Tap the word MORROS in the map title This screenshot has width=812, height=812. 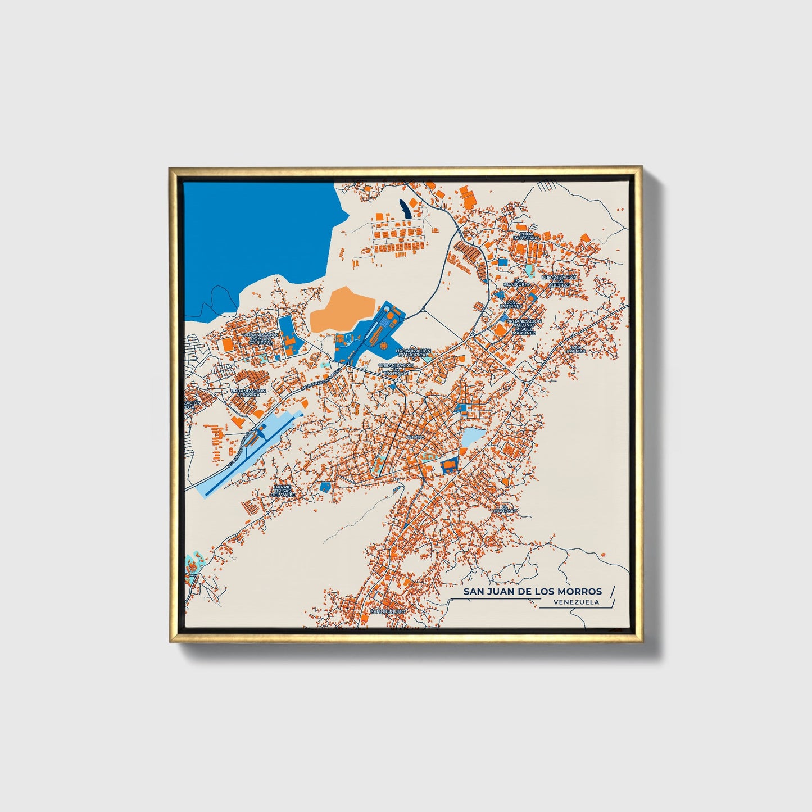click(x=578, y=591)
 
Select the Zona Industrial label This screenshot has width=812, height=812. click(x=526, y=235)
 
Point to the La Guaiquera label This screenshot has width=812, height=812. click(x=516, y=283)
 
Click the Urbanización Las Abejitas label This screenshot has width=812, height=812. click(x=559, y=281)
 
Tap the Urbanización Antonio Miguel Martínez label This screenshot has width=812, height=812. click(x=523, y=327)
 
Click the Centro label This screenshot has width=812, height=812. click(x=415, y=437)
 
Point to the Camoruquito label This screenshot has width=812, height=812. click(x=387, y=611)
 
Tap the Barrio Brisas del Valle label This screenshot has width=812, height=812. click(x=283, y=491)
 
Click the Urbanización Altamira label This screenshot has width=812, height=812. click(x=248, y=393)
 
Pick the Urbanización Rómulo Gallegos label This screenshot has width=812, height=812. click(x=261, y=339)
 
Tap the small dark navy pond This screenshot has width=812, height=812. click(x=404, y=209)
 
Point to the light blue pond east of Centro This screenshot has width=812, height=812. click(x=473, y=437)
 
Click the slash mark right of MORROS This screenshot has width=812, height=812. click(x=611, y=592)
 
